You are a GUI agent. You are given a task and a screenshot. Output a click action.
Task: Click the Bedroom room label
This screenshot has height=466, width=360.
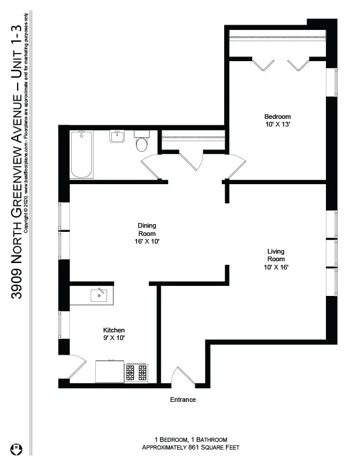tap(278, 116)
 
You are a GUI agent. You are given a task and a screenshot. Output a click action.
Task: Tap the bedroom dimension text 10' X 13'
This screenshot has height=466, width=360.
tap(278, 125)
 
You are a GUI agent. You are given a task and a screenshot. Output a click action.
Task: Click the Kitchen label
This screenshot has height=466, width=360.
tap(114, 330)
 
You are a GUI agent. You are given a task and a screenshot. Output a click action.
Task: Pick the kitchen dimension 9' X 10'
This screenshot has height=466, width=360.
tap(114, 338)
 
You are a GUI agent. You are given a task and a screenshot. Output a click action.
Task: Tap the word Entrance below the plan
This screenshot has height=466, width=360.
tap(182, 400)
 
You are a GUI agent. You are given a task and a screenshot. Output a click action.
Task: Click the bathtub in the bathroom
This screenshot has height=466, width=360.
tap(81, 155)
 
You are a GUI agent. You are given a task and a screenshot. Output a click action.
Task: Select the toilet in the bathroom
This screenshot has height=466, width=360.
tap(142, 142)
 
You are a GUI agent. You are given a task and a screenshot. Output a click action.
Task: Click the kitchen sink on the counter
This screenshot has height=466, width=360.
tap(98, 295)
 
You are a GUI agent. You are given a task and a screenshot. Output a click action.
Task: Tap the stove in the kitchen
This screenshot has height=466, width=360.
tap(136, 372)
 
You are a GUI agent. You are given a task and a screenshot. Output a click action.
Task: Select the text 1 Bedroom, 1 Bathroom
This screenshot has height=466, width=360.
tap(190, 440)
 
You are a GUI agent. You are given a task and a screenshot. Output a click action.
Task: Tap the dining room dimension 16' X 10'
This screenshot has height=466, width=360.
tap(147, 241)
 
